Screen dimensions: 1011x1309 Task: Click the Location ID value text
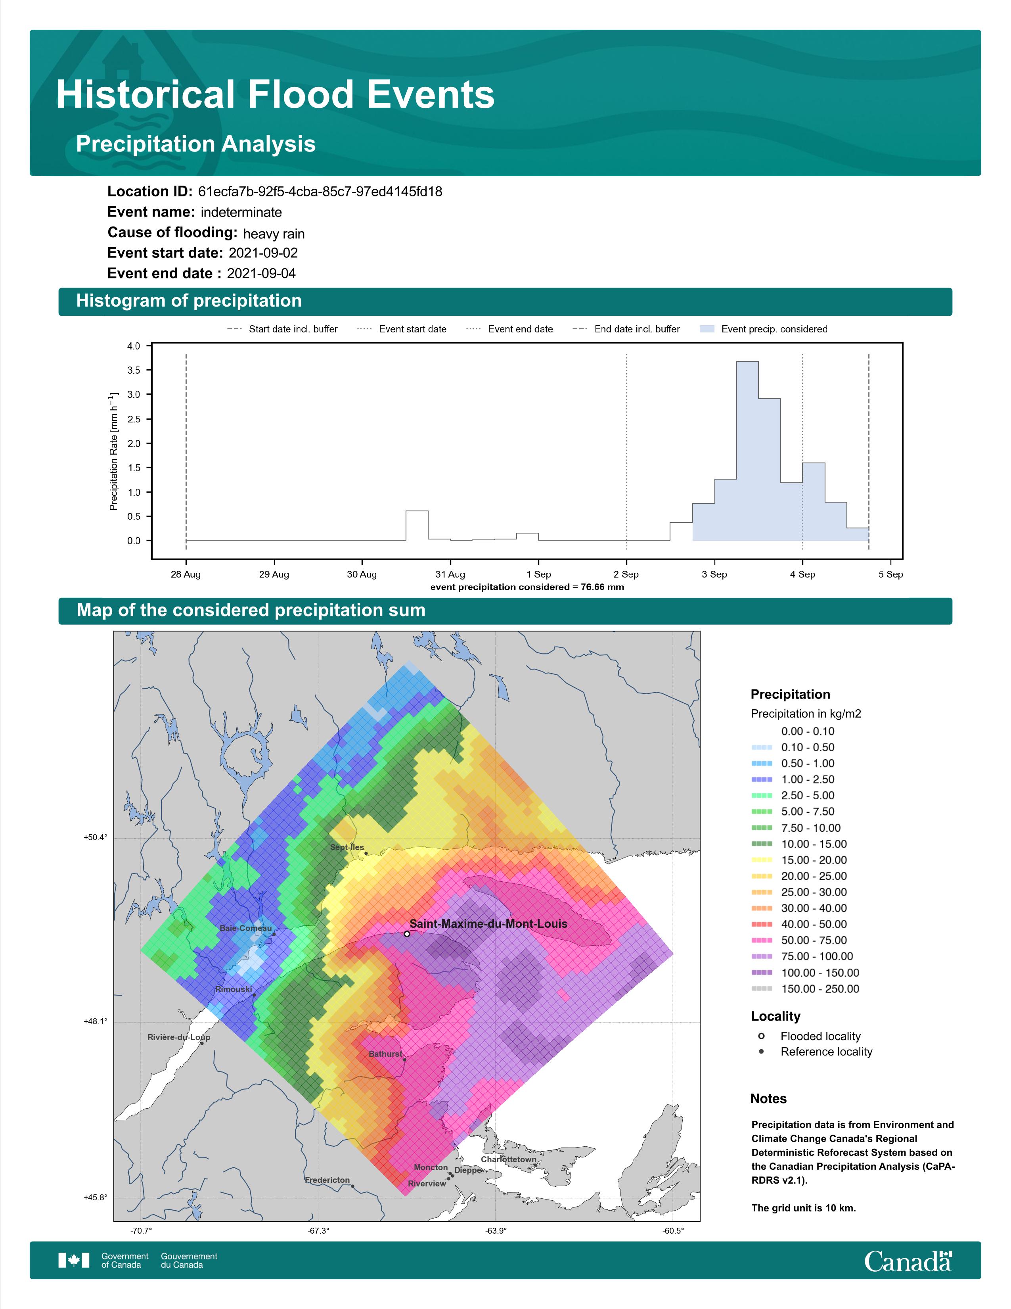pyautogui.click(x=320, y=192)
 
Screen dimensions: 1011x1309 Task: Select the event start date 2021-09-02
pyautogui.click(x=263, y=253)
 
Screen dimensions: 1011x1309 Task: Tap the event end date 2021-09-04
pyautogui.click(x=261, y=273)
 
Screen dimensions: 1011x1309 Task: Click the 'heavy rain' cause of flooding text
pyautogui.click(x=274, y=234)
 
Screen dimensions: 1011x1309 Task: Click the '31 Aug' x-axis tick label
pyautogui.click(x=450, y=574)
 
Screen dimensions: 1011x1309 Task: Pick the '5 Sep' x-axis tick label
pyautogui.click(x=890, y=574)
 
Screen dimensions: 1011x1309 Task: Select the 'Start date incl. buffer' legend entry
pyautogui.click(x=282, y=329)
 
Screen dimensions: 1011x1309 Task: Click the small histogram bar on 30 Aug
pyautogui.click(x=417, y=526)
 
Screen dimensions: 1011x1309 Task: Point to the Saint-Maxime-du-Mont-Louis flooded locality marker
pyautogui.click(x=407, y=934)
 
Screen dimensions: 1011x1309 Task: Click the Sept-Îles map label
pyautogui.click(x=347, y=848)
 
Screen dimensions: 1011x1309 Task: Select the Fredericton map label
pyautogui.click(x=327, y=1180)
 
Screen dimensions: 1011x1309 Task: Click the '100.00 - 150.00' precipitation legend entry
pyautogui.click(x=805, y=973)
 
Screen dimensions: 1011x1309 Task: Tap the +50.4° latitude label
pyautogui.click(x=95, y=837)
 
